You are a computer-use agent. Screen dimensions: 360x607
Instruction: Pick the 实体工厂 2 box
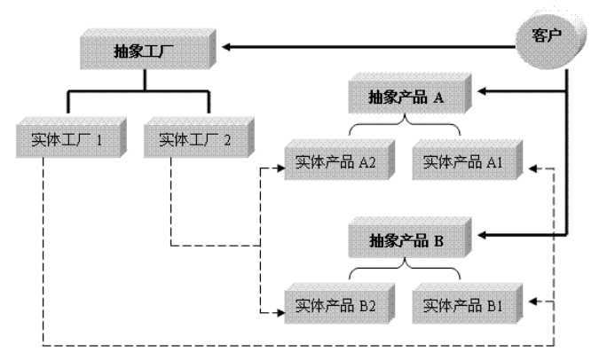coord(195,140)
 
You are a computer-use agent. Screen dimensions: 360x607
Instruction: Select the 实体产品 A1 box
coord(465,163)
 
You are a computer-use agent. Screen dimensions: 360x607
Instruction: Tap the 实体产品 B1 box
coord(465,307)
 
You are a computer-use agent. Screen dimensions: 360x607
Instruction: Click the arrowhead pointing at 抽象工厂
coord(228,46)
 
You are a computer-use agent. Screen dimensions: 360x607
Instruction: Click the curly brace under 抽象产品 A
coord(404,128)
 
